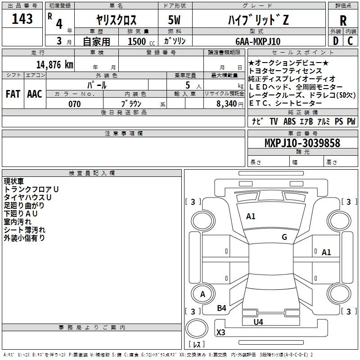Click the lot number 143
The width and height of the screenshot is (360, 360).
tap(22, 19)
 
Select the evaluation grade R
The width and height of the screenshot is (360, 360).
tap(343, 21)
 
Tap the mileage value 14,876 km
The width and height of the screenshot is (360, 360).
tap(54, 64)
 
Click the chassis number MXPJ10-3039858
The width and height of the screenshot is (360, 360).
tap(302, 143)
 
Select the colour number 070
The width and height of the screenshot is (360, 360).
tap(74, 104)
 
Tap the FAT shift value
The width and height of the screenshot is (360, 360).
tap(13, 94)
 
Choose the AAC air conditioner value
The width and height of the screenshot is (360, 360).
tap(34, 94)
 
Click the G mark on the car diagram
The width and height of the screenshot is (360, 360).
tap(284, 237)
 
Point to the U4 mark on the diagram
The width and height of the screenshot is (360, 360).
tap(258, 322)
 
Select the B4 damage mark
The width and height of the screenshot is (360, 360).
tap(221, 308)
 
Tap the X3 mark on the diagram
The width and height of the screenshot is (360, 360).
tap(221, 333)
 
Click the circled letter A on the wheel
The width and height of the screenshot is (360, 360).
tap(202, 294)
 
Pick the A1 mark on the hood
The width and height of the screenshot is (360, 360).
tap(251, 216)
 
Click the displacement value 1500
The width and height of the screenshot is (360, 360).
tap(138, 41)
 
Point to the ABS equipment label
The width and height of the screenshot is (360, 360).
tap(289, 121)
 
